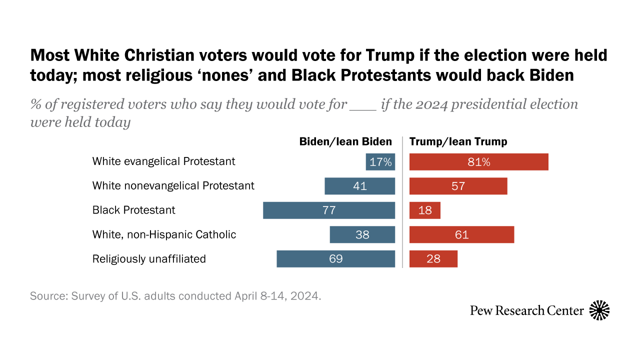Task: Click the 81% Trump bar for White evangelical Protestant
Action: (x=478, y=162)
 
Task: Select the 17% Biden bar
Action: (x=380, y=162)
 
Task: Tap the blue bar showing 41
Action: (x=359, y=186)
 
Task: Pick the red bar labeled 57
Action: (x=458, y=186)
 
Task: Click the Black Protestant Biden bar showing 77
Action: (x=328, y=210)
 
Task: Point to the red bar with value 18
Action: (x=424, y=210)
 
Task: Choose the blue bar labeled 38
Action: (x=362, y=234)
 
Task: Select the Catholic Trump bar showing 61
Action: (x=461, y=234)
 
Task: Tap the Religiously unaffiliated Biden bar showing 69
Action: (x=335, y=259)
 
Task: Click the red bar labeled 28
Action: (x=433, y=259)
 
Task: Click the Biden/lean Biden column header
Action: (x=345, y=141)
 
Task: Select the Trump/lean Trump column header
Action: (x=458, y=141)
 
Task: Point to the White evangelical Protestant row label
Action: (x=163, y=161)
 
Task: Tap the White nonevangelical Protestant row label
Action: (x=173, y=185)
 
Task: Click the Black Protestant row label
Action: (x=133, y=210)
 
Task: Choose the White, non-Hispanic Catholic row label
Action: (x=164, y=234)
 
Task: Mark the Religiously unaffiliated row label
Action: (x=149, y=258)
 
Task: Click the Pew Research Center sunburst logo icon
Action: (x=599, y=310)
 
